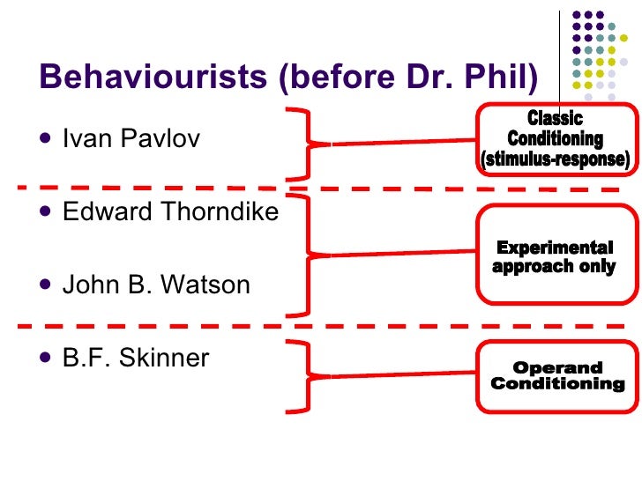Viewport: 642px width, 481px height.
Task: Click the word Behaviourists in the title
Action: tap(153, 79)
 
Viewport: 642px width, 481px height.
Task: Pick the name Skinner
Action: tap(172, 359)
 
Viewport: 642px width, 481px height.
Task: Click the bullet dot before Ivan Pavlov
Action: tap(46, 139)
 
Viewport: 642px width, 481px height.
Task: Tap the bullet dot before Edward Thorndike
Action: tap(46, 212)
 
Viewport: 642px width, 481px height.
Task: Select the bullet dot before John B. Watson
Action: tap(46, 285)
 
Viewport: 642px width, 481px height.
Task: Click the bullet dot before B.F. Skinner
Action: tap(46, 359)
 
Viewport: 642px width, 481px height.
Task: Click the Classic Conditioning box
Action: tap(555, 138)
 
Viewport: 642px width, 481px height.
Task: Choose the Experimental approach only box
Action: tap(555, 255)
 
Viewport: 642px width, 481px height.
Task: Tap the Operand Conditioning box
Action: tap(556, 376)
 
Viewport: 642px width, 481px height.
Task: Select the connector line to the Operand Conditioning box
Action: tap(397, 376)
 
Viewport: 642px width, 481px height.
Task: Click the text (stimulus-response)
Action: tap(555, 159)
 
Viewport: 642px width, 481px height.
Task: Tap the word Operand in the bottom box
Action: tap(557, 368)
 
